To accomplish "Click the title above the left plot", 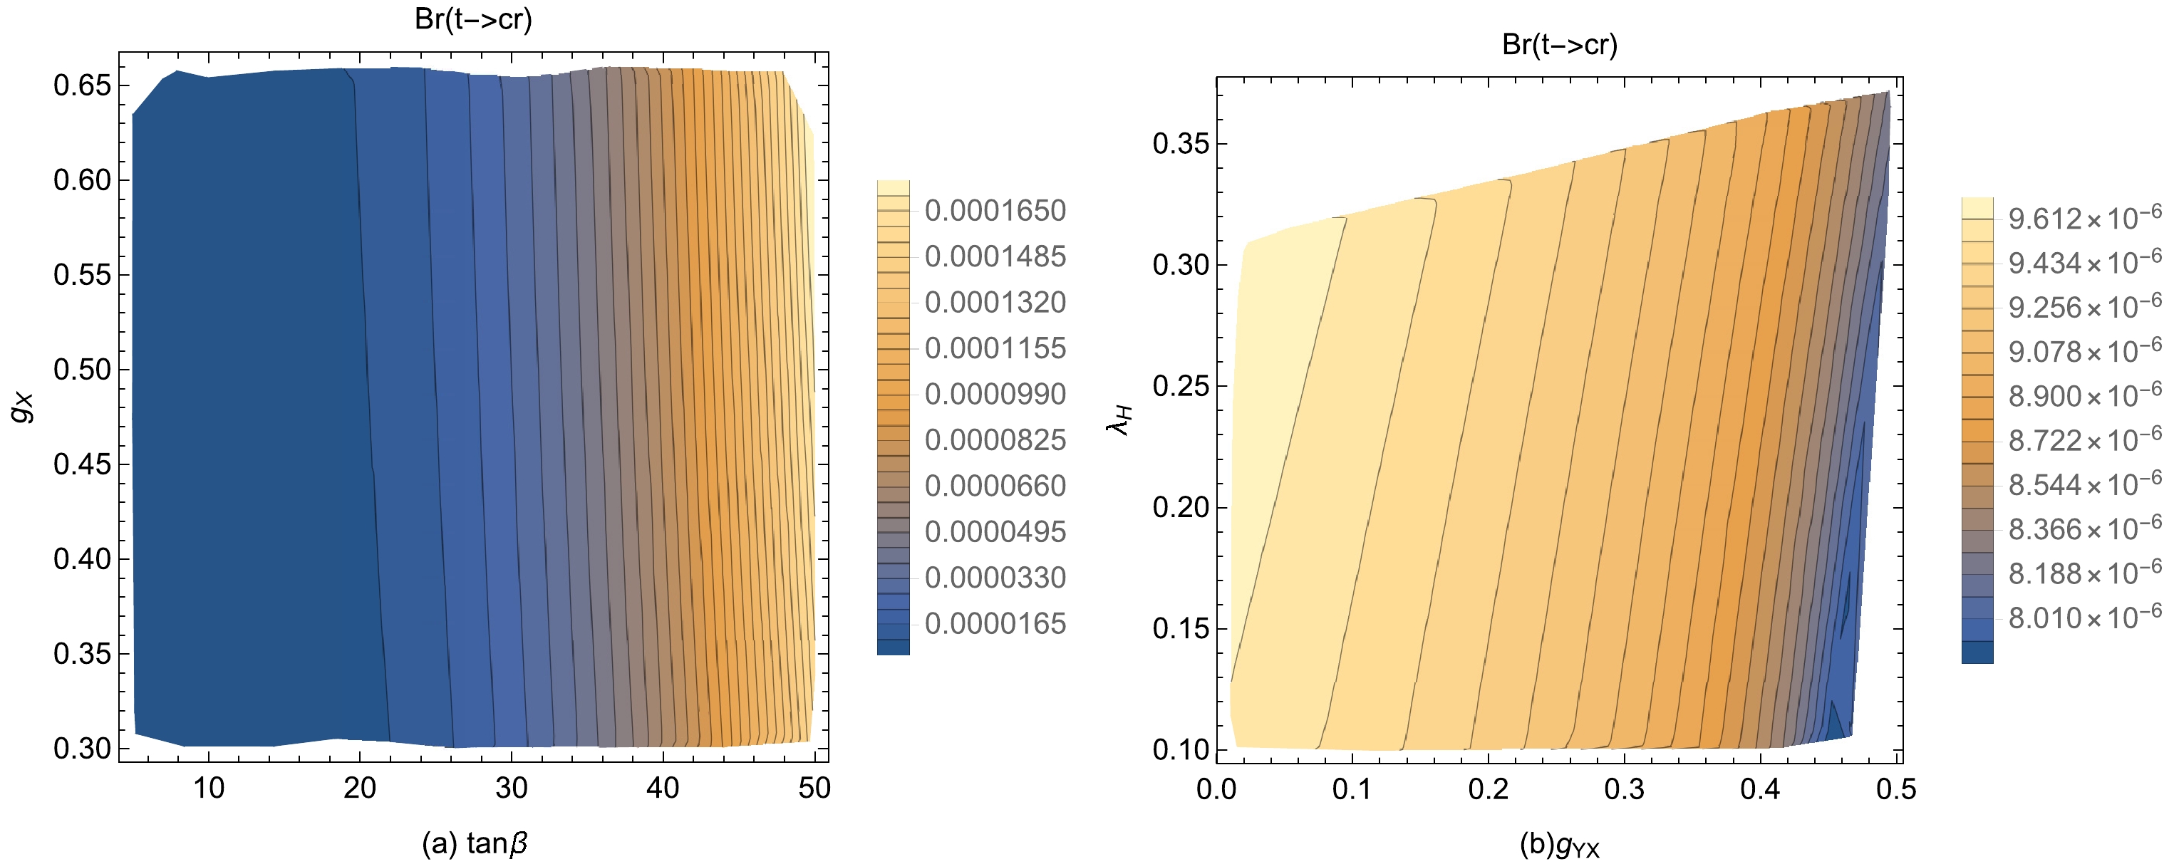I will tap(473, 19).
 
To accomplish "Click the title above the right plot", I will tap(1560, 44).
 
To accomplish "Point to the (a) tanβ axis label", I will tap(475, 842).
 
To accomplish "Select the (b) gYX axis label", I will tap(1560, 844).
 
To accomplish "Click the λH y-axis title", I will tap(1119, 420).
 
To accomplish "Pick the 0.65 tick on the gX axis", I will tap(82, 85).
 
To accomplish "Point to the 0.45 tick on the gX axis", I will tap(82, 464).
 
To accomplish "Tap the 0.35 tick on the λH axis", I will tap(1181, 143).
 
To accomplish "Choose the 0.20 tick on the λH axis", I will tap(1181, 507).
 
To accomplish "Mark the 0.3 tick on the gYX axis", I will tap(1624, 789).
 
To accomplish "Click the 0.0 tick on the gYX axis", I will tap(1217, 789).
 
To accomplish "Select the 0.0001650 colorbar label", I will tap(995, 210).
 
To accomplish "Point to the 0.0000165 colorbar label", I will tap(995, 623).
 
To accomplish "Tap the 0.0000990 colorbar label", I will tap(995, 394).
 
